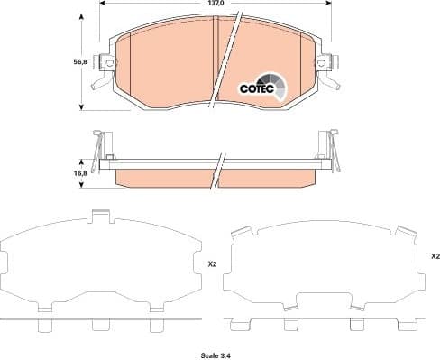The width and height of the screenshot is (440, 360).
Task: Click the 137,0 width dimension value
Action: (x=215, y=5)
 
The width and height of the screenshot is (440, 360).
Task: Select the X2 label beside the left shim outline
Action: (x=212, y=263)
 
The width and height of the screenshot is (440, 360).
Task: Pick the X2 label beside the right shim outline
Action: (x=434, y=256)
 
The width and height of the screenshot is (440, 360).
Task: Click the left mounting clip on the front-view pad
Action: (x=105, y=67)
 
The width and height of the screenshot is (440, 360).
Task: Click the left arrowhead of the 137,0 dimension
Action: (x=101, y=5)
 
